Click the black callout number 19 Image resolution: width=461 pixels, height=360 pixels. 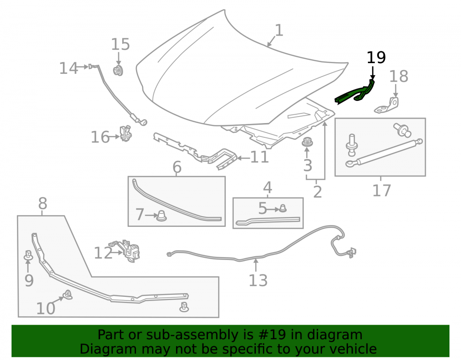tap(376, 58)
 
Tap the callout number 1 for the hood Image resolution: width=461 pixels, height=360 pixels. tap(279, 30)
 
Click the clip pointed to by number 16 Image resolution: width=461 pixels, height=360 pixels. tap(125, 133)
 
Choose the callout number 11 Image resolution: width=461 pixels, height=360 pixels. tap(259, 157)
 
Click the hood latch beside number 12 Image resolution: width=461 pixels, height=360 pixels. tap(128, 251)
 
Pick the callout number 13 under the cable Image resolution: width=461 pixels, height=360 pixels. tap(258, 280)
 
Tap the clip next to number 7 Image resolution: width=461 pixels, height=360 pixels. tap(161, 216)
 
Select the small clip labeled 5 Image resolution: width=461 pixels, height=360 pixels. tap(283, 208)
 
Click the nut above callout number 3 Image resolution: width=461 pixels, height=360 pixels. tap(307, 142)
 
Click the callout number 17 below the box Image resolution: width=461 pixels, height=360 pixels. tap(382, 190)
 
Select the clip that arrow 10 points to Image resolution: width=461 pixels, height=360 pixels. tap(68, 295)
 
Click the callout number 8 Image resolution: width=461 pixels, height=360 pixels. tap(42, 203)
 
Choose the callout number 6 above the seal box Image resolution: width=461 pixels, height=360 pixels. tap(177, 167)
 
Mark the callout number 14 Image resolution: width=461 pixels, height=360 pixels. tap(69, 68)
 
